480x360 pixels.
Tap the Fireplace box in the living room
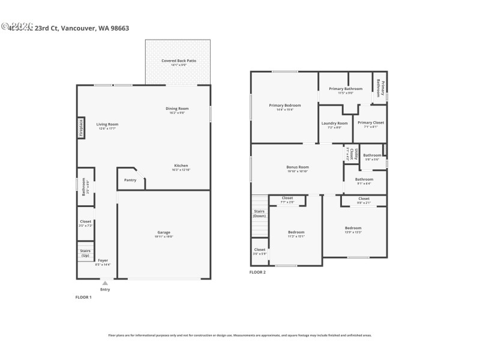pyautogui.click(x=81, y=128)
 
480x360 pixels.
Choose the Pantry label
pyautogui.click(x=130, y=180)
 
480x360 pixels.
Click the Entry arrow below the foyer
pyautogui.click(x=105, y=283)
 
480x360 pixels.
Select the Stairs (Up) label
pyautogui.click(x=85, y=253)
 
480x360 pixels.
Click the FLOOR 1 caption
pyautogui.click(x=83, y=298)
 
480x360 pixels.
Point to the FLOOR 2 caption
pyautogui.click(x=257, y=272)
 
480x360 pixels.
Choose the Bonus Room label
pyautogui.click(x=297, y=169)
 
